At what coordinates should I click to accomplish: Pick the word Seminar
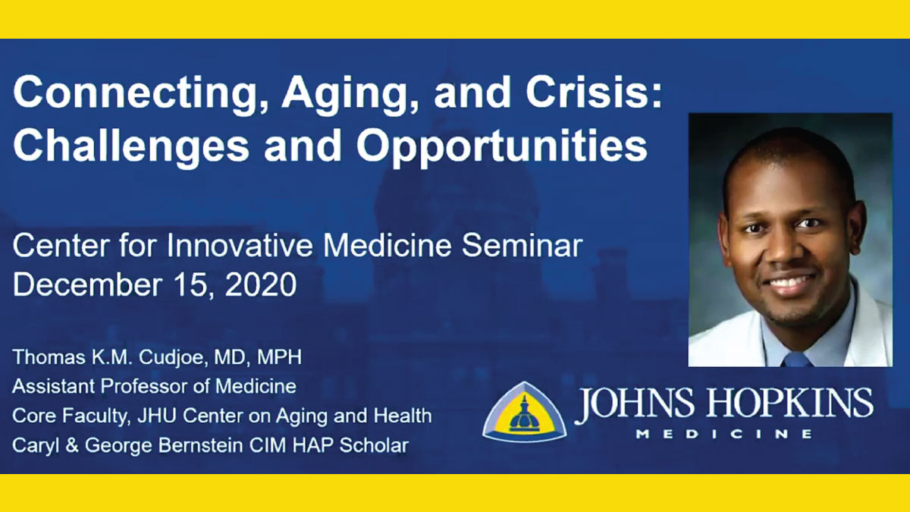(522, 246)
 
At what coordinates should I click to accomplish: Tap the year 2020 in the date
(261, 284)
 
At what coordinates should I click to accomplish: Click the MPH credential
(280, 357)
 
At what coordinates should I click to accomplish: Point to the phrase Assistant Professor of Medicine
(155, 386)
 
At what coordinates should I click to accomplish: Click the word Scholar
(374, 445)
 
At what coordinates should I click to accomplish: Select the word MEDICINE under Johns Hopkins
(724, 434)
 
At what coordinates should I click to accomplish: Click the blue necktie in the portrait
(796, 360)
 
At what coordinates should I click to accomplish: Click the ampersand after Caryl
(71, 445)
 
